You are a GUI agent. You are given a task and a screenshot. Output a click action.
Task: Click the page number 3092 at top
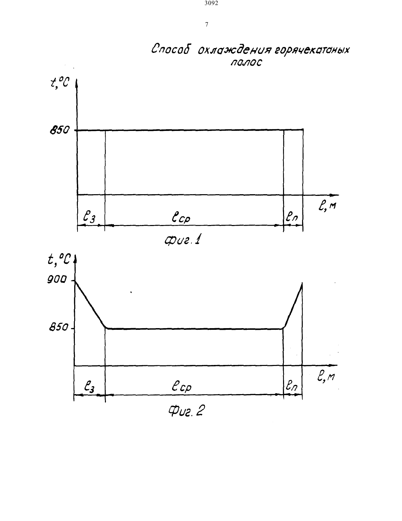click(x=212, y=3)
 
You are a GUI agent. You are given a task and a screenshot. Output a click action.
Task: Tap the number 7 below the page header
click(x=207, y=24)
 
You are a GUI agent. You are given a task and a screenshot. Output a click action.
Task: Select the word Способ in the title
click(x=170, y=49)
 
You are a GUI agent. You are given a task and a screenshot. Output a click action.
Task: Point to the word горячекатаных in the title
click(x=312, y=51)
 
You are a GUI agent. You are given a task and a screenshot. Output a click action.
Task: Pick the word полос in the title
click(x=247, y=62)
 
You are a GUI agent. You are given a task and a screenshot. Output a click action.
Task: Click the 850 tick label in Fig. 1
click(x=59, y=131)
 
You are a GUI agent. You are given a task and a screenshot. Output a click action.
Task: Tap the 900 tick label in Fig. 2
click(x=57, y=280)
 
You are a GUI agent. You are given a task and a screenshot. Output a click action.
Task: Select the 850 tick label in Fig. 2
click(x=59, y=327)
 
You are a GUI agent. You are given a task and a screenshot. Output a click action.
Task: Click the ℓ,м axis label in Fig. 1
click(x=327, y=206)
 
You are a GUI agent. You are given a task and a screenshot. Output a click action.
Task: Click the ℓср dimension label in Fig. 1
click(x=181, y=218)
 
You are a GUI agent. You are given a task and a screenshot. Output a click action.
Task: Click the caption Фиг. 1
click(x=182, y=240)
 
